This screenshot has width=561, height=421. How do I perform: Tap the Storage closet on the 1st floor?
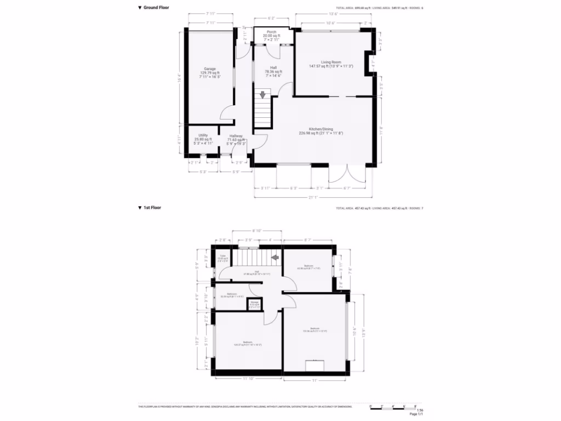tap(255, 304)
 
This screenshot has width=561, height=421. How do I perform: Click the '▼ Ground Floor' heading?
tap(153, 8)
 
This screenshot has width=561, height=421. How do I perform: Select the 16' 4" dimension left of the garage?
tap(179, 78)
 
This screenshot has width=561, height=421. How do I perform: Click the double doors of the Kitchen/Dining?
tap(347, 175)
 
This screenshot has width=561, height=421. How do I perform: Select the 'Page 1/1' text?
tap(416, 414)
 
